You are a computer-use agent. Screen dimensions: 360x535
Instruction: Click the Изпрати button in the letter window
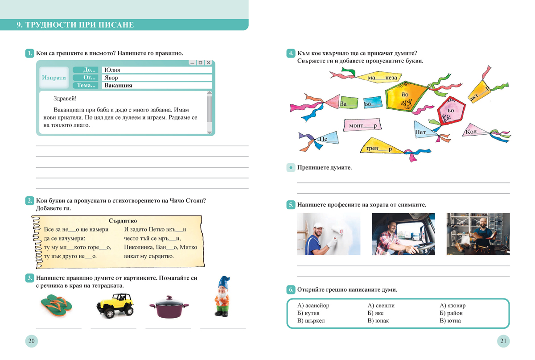[x=53, y=78]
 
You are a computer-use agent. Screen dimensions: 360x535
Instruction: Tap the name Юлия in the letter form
[x=111, y=70]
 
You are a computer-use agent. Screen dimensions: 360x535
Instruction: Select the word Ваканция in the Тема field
[x=118, y=86]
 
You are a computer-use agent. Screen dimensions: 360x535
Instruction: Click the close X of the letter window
[x=208, y=63]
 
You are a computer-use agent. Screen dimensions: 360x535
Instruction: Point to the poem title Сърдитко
[x=123, y=221]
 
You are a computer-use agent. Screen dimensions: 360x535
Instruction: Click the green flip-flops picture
[x=56, y=306]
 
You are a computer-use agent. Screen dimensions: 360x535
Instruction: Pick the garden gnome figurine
[x=222, y=297]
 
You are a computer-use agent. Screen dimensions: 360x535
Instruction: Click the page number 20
[x=31, y=342]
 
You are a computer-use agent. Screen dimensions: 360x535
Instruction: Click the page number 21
[x=503, y=342]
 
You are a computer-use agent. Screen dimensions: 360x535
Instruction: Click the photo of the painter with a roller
[x=329, y=234]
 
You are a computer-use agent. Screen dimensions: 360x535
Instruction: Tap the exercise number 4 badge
[x=290, y=54]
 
